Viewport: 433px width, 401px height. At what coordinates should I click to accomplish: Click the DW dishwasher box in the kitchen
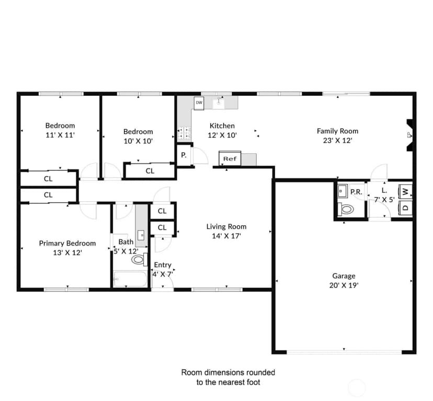coord(199,103)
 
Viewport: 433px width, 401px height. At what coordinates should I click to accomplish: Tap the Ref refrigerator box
coord(230,158)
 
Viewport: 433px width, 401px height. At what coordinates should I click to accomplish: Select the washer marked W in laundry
coord(405,192)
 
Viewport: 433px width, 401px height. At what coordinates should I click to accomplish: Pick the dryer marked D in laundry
coord(405,208)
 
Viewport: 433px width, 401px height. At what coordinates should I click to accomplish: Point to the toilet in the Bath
coord(140,259)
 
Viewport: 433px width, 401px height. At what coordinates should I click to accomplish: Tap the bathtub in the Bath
coord(130,279)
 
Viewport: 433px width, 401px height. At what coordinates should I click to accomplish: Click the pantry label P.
coord(184,155)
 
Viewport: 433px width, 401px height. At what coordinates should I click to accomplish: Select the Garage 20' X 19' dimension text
coord(344,285)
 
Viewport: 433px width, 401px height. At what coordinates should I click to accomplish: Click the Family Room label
coord(337,131)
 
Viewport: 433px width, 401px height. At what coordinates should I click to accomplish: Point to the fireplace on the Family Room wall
coord(409,135)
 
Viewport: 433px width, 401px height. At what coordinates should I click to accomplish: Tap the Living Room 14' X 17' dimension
coord(226,236)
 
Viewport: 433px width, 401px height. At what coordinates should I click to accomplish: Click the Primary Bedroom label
coord(67,243)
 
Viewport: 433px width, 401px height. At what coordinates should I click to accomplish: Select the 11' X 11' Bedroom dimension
coord(60,135)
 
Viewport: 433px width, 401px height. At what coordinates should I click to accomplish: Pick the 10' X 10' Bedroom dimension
coord(138,141)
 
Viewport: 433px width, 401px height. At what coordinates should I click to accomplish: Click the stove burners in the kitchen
coord(184,133)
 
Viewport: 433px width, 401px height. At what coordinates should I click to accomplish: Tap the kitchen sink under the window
coord(219,102)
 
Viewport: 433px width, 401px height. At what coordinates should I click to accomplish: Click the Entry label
coord(163,265)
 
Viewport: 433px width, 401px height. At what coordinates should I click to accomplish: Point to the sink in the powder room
coord(343,191)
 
